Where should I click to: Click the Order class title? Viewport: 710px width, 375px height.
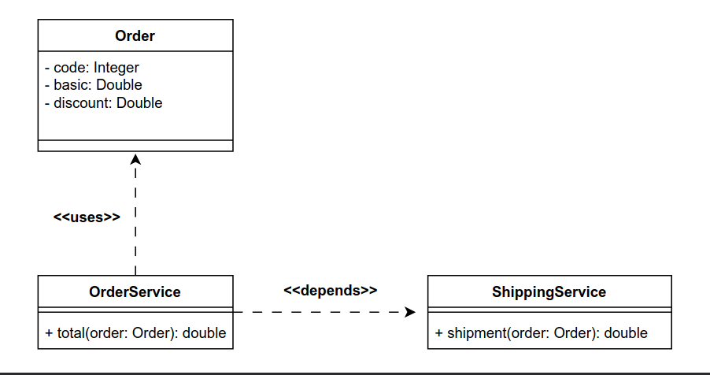pos(135,35)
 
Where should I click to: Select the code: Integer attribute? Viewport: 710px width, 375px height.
pos(91,68)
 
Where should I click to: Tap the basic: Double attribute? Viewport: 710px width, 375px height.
pos(93,85)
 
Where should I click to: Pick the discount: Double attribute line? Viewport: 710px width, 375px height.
pos(103,102)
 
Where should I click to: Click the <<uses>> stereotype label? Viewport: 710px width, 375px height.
pos(87,217)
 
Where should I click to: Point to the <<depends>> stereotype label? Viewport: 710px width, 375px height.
pos(330,290)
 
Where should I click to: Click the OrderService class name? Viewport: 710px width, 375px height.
pos(135,291)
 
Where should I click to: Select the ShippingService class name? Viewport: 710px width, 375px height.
pos(549,291)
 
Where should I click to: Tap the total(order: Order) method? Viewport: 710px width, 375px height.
pos(135,333)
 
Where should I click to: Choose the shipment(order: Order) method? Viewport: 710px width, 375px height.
pos(541,333)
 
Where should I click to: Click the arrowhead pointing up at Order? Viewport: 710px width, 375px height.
pos(135,159)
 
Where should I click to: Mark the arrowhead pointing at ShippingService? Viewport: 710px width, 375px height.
pos(409,313)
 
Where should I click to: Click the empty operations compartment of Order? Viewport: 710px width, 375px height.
pos(135,145)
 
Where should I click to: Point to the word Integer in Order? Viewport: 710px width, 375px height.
pos(116,68)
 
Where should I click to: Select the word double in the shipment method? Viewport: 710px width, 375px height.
pos(626,333)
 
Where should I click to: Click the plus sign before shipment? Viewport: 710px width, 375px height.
pos(439,333)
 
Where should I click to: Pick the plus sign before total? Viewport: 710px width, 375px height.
pos(50,333)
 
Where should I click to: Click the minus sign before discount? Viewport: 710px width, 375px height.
pos(47,102)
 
